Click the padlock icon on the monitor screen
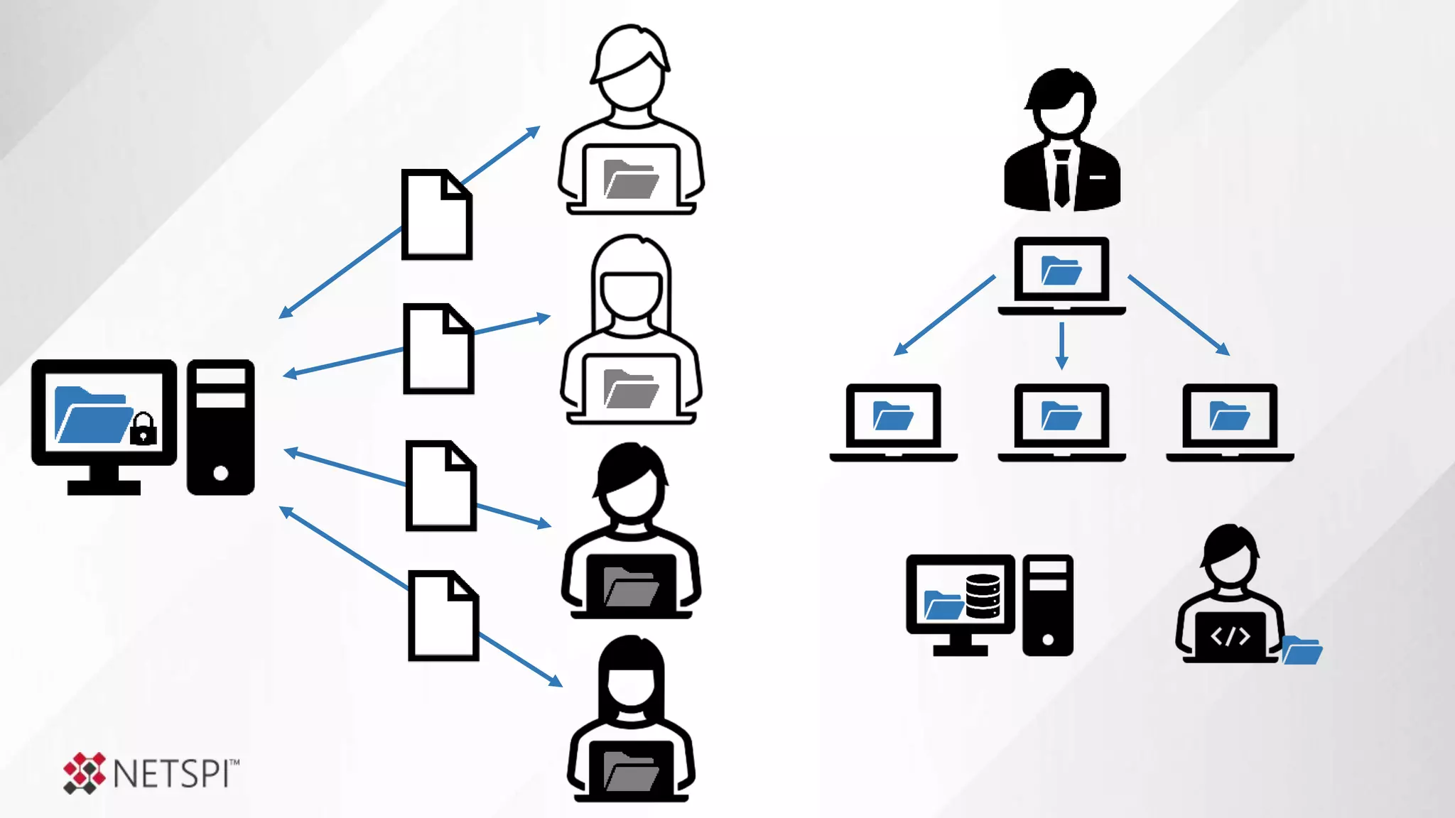(x=143, y=429)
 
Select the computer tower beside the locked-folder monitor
(x=220, y=427)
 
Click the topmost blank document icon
(x=436, y=214)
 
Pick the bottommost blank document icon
(x=443, y=616)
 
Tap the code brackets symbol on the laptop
(x=1230, y=636)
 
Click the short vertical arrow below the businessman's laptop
(x=1061, y=346)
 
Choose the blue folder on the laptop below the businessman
(x=1061, y=271)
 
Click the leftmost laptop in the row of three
(x=893, y=422)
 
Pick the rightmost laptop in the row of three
(x=1230, y=422)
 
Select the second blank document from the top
(x=438, y=349)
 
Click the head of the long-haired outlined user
(x=631, y=284)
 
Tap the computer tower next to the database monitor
(x=1047, y=605)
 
